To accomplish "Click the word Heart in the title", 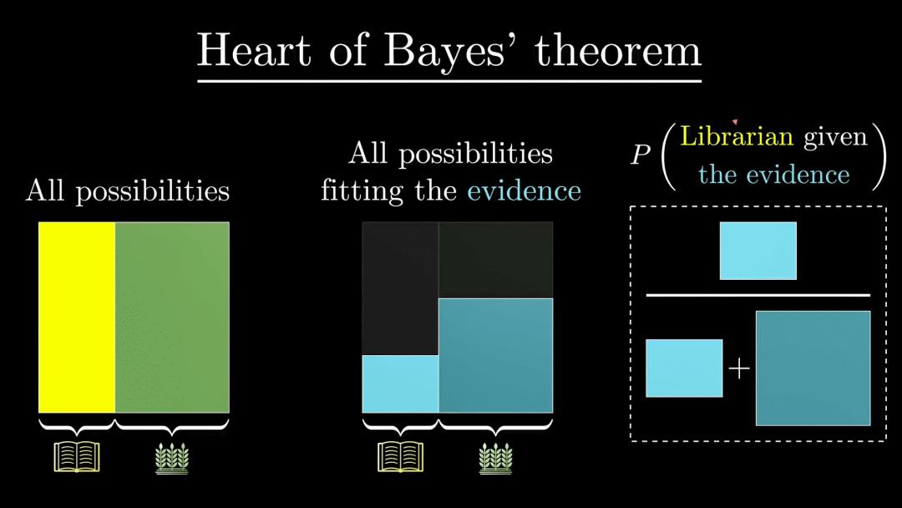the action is pyautogui.click(x=254, y=50).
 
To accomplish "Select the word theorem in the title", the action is pyautogui.click(x=618, y=50).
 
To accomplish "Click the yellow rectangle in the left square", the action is pyautogui.click(x=77, y=317).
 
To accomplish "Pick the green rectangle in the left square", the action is pyautogui.click(x=172, y=317).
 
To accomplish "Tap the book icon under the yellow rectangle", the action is pyautogui.click(x=77, y=457).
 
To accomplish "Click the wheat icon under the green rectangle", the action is pyautogui.click(x=172, y=458).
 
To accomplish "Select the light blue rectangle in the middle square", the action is pyautogui.click(x=400, y=384).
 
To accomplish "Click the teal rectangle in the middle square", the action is pyautogui.click(x=496, y=356).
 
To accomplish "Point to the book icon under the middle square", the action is pyautogui.click(x=400, y=457).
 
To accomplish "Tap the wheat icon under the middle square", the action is pyautogui.click(x=496, y=458).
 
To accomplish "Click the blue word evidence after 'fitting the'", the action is pyautogui.click(x=524, y=191).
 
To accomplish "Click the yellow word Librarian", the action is pyautogui.click(x=737, y=136).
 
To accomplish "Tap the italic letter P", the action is pyautogui.click(x=640, y=155).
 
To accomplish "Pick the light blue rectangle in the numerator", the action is pyautogui.click(x=758, y=251).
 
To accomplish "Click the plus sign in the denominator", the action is pyautogui.click(x=739, y=368).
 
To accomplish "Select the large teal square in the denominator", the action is pyautogui.click(x=813, y=368).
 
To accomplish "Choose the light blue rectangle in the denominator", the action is pyautogui.click(x=684, y=368).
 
